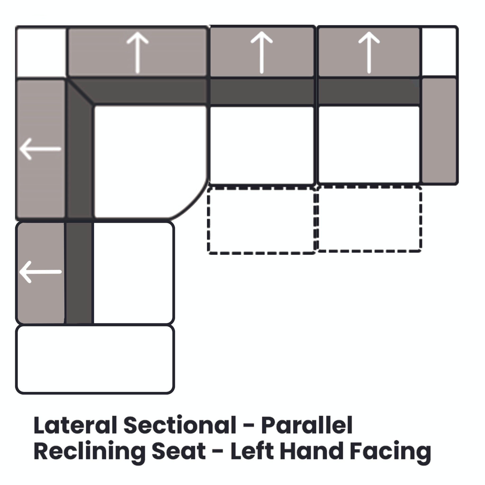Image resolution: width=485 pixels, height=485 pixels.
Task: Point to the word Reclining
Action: (x=89, y=452)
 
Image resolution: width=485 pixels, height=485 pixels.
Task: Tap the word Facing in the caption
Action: (x=390, y=452)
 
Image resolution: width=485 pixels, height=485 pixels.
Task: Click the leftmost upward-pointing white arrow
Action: (x=138, y=53)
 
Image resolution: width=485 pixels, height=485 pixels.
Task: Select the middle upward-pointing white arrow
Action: (x=262, y=53)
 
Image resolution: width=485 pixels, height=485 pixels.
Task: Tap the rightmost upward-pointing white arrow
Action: (x=369, y=53)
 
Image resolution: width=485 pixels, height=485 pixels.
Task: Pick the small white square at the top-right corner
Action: (x=439, y=52)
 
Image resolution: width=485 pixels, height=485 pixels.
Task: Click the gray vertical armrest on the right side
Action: (x=439, y=130)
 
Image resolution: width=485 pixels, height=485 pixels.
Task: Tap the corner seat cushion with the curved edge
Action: (x=148, y=161)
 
